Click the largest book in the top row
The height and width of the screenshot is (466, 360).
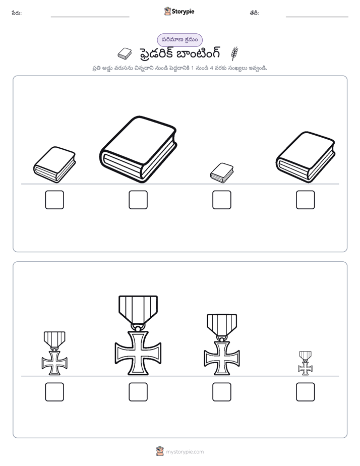click(138, 149)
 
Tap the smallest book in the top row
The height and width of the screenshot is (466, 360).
click(221, 172)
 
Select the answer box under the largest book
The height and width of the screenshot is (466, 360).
click(138, 200)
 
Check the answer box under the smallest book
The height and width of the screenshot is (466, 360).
click(221, 200)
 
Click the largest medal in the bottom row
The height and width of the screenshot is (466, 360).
click(138, 335)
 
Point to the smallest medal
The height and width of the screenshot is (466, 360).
click(306, 363)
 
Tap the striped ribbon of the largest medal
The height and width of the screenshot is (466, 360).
click(138, 309)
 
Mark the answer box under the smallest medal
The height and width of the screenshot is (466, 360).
click(306, 392)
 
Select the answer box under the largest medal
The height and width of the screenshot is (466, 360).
click(138, 392)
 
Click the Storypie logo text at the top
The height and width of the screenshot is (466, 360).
click(183, 12)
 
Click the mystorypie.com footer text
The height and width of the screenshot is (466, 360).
click(185, 452)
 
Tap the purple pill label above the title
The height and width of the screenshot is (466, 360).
click(179, 40)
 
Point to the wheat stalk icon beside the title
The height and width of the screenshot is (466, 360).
click(234, 53)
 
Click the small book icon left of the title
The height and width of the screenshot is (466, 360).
click(125, 53)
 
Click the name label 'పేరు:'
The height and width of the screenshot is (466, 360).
click(17, 13)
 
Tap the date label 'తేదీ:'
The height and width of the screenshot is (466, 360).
click(254, 13)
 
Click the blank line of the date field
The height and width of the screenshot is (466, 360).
click(317, 17)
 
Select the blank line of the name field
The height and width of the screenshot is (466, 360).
click(90, 17)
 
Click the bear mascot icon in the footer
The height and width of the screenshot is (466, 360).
click(160, 451)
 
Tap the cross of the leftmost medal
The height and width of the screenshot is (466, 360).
click(54, 363)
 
